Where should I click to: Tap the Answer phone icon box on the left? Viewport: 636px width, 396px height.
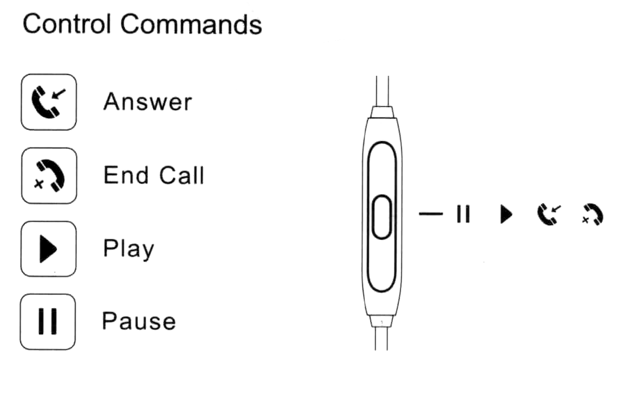pyautogui.click(x=48, y=102)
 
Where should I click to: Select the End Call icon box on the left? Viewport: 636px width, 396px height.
pyautogui.click(x=48, y=175)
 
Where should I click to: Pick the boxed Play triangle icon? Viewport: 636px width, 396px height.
pyautogui.click(x=48, y=249)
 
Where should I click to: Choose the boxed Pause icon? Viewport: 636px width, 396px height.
pyautogui.click(x=48, y=321)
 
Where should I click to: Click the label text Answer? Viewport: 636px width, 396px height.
pyautogui.click(x=148, y=103)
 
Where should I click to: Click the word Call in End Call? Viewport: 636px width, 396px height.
pyautogui.click(x=179, y=175)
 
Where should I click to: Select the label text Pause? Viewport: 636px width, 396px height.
pyautogui.click(x=138, y=321)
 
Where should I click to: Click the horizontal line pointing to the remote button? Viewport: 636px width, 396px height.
pyautogui.click(x=431, y=214)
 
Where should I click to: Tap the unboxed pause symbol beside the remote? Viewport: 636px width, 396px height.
pyautogui.click(x=463, y=215)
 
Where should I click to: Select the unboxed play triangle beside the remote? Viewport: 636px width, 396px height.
pyautogui.click(x=505, y=215)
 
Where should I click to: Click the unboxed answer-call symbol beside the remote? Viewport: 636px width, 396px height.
pyautogui.click(x=548, y=214)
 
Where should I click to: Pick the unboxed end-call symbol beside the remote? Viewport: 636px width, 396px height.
pyautogui.click(x=593, y=215)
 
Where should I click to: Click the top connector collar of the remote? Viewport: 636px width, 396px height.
pyautogui.click(x=382, y=111)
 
